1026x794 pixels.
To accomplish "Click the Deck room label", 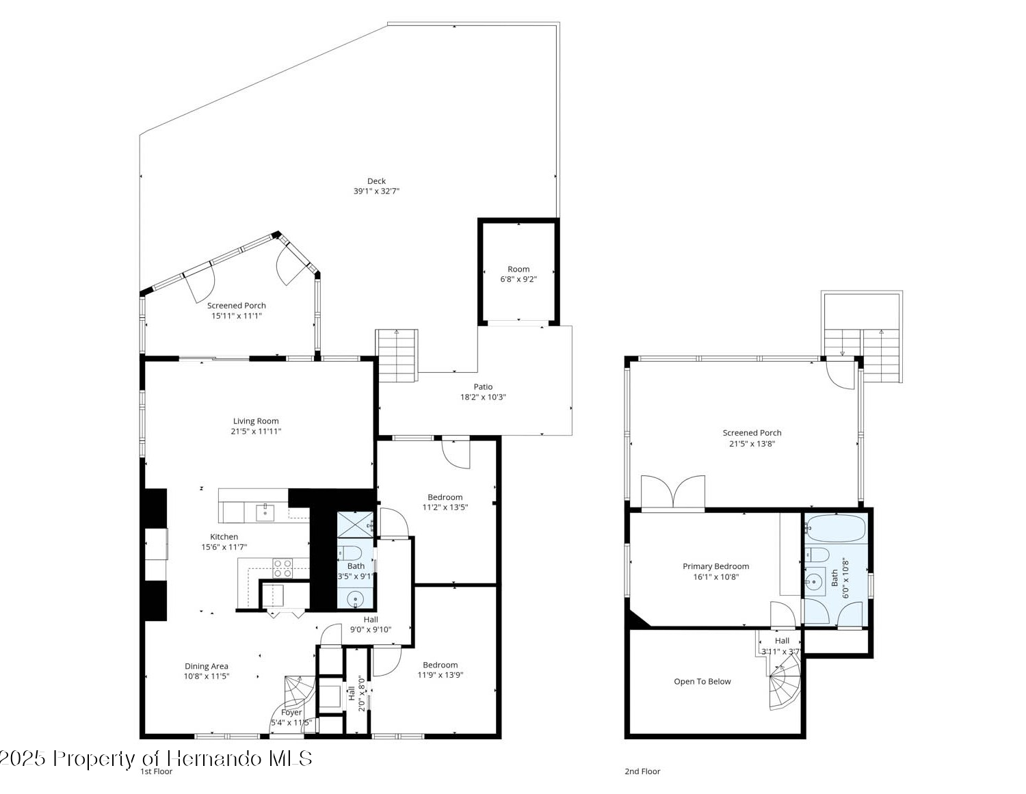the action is point(376,181).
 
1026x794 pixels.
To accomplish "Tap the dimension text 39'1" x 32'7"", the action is point(376,191).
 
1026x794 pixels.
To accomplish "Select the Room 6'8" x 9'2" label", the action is point(518,274).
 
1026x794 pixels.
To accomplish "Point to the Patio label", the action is point(483,386).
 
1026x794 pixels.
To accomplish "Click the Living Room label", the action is point(256,421).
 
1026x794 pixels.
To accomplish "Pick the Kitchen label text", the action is point(224,537).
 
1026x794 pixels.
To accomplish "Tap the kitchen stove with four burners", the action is point(282,568).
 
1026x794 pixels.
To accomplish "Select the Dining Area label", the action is point(207,666).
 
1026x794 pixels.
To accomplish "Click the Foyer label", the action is point(291,713).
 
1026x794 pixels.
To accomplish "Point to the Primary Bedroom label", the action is point(715,566).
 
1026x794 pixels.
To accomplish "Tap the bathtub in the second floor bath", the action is point(836,528).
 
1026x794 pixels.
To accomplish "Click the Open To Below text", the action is point(702,681).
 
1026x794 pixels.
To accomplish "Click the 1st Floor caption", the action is point(156,771).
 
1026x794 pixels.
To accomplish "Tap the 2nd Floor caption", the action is point(642,771).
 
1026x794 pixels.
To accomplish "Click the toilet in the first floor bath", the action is point(350,553).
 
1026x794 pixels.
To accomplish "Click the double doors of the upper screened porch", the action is point(673,492).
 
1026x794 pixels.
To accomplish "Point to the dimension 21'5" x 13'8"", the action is point(752,443).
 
